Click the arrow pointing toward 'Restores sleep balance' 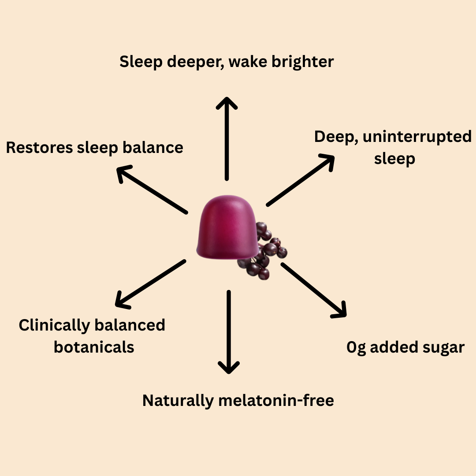coord(152,190)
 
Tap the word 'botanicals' coord(94,347)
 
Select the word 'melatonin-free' coord(276,401)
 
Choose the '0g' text coord(356,348)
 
